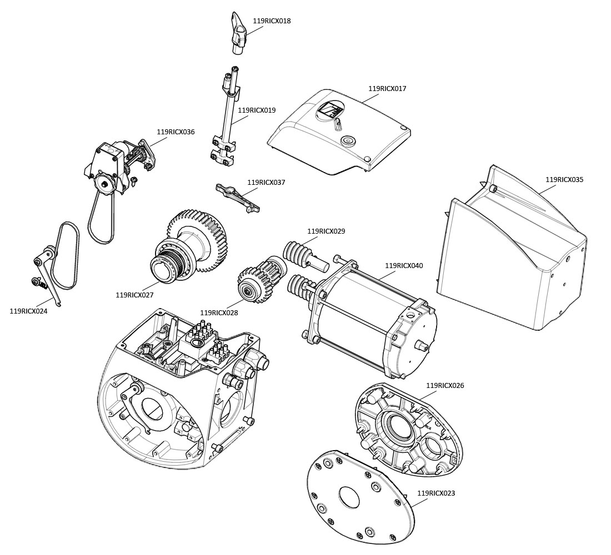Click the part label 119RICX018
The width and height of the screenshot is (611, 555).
tap(272, 21)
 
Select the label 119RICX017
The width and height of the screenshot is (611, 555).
tap(387, 89)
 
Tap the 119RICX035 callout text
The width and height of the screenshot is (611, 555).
tap(564, 180)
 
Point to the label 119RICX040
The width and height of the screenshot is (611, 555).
tap(404, 266)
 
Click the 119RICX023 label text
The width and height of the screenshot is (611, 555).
tap(436, 493)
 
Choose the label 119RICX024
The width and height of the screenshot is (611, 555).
tap(28, 311)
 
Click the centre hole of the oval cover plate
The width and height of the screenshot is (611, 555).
tap(349, 497)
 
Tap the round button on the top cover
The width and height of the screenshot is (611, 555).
tap(348, 140)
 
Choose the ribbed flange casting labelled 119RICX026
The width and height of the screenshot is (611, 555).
tap(408, 430)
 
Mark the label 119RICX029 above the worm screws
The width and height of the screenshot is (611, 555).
tap(326, 231)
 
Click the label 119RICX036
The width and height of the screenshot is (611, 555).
tap(176, 132)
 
